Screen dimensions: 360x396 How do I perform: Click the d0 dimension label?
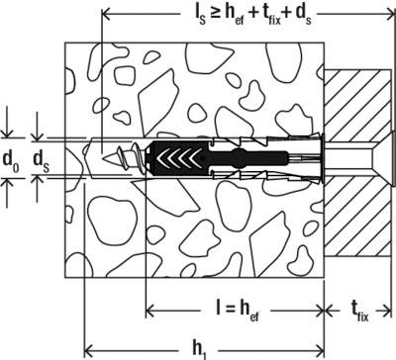coord(13,158)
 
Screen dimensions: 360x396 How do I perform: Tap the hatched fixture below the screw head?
coord(357,218)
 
